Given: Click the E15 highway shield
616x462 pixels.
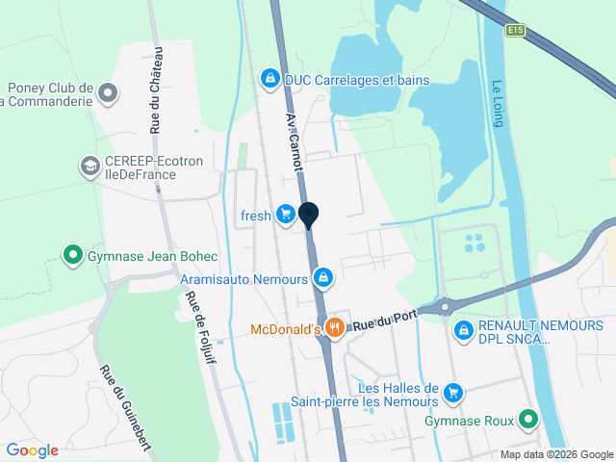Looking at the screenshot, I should click(517, 31).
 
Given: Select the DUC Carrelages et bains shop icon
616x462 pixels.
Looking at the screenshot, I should click(271, 78).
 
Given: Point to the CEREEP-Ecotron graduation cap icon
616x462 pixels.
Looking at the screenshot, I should click(90, 166).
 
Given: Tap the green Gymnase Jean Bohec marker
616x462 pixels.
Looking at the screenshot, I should click(72, 255).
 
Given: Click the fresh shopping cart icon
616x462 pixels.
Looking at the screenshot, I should click(285, 214).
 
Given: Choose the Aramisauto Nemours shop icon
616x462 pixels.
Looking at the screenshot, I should click(323, 278).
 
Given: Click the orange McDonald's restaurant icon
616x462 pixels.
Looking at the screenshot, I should click(335, 327).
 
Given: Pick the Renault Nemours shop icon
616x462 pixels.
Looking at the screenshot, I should click(464, 330).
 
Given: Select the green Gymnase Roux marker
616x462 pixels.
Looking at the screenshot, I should click(527, 420).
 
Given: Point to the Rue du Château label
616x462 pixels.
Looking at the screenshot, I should click(156, 90).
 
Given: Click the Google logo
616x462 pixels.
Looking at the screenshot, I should click(32, 449).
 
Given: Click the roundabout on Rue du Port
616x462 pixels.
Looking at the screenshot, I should click(445, 308).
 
